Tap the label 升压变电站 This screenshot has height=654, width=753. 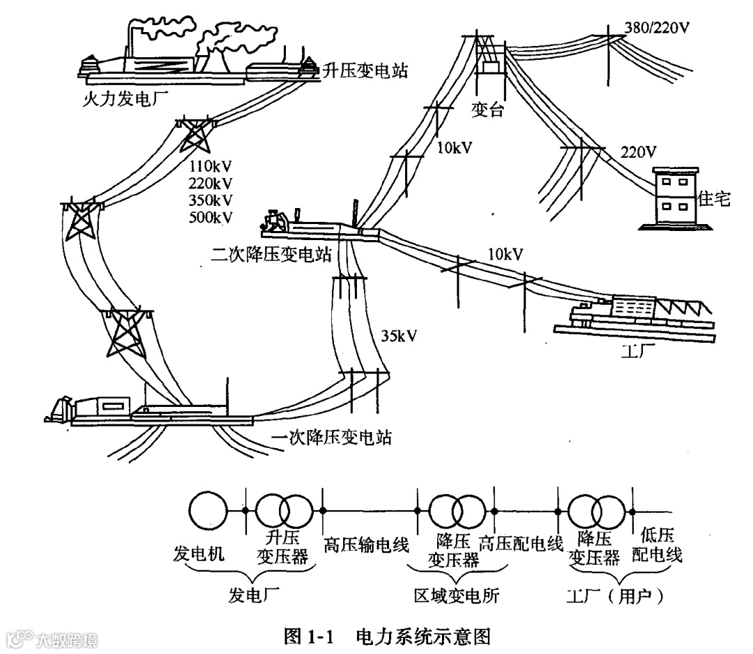(x=364, y=70)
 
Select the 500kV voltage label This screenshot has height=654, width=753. (x=210, y=217)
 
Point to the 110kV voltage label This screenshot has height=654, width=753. (x=210, y=167)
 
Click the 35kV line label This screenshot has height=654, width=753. (x=400, y=336)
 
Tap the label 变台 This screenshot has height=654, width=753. (x=487, y=110)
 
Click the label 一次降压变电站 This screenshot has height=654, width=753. (x=331, y=438)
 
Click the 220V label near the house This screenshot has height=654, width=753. (x=638, y=151)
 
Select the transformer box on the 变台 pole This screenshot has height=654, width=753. (x=490, y=68)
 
